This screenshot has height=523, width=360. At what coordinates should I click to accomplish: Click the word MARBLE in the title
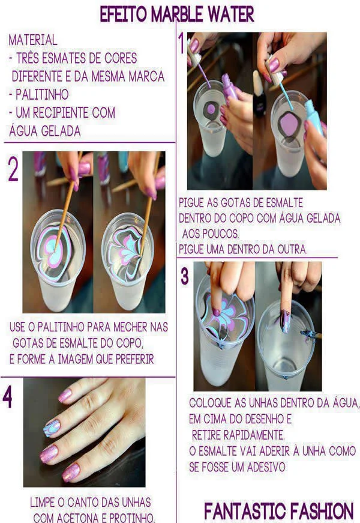178,13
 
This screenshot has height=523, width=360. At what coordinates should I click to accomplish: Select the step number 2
13,171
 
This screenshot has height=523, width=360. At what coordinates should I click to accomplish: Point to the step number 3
185,276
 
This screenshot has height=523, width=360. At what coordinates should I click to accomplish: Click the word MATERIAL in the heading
33,41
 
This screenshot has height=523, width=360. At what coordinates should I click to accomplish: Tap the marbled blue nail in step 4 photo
52,427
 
